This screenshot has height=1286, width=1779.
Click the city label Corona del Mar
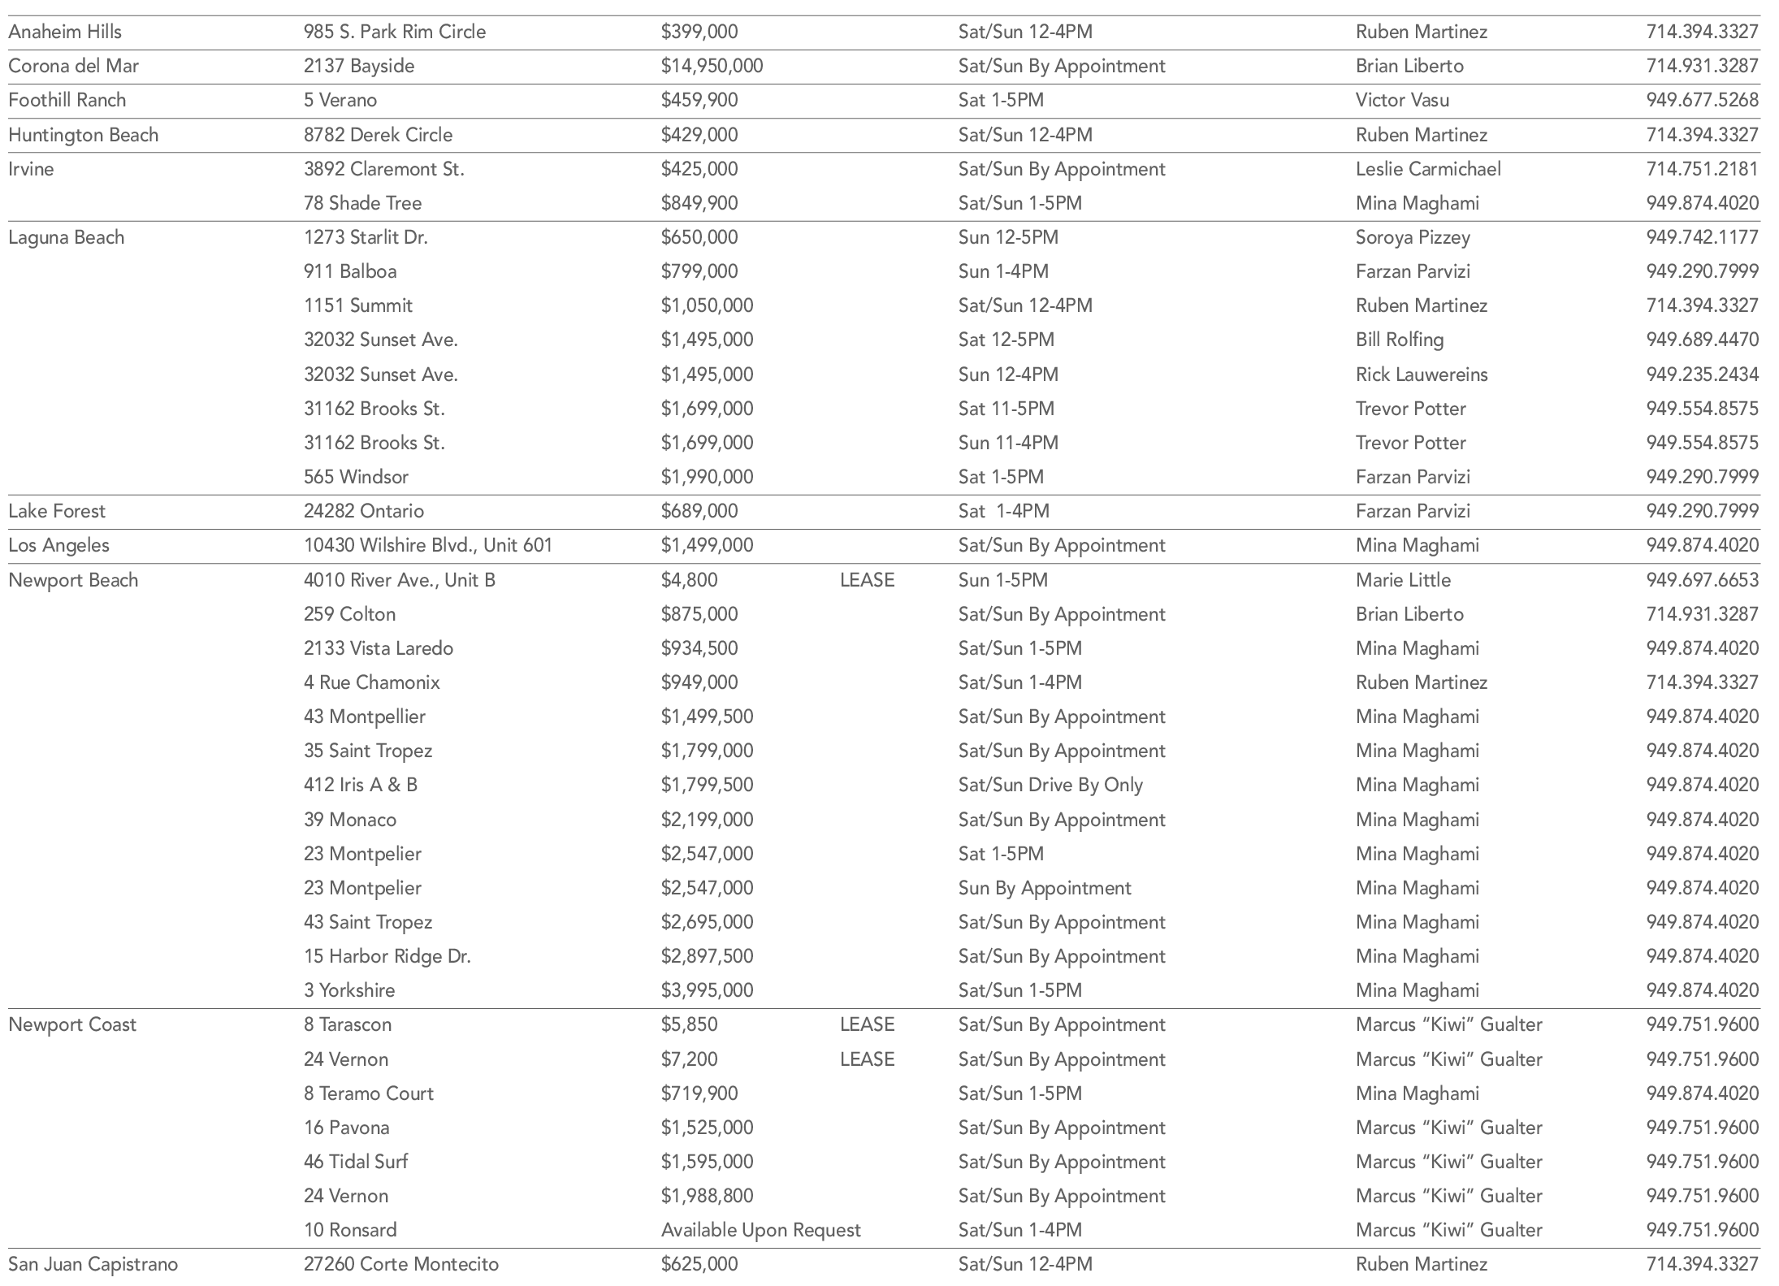73,66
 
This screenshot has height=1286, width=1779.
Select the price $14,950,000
712,66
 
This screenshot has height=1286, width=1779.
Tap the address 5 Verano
340,100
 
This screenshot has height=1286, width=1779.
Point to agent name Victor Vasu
1402,100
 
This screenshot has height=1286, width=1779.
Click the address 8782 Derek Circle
378,135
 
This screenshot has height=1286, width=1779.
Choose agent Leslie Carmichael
1428,169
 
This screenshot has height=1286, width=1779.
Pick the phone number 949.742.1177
1702,237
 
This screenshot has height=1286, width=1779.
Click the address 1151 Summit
357,305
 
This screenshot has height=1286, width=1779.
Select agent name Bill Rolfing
1400,340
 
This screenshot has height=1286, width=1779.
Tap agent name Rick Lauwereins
1422,375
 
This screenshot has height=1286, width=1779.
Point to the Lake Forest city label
57,511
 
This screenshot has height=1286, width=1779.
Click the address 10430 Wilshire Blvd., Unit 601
428,545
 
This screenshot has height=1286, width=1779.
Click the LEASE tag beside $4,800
867,580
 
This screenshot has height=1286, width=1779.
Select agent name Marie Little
1403,580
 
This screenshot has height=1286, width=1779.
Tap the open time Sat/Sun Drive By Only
1050,785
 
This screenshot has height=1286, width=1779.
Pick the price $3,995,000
707,990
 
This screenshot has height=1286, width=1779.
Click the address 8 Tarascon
348,1024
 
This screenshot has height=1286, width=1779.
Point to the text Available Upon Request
760,1230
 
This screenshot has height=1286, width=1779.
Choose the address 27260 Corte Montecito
401,1264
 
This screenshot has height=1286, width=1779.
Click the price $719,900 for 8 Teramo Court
699,1093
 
